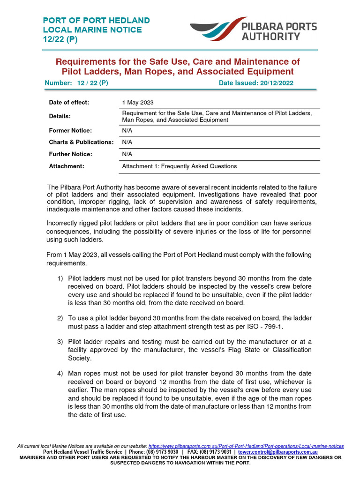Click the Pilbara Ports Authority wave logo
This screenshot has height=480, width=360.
point(218,30)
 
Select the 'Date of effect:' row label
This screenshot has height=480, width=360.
point(69,102)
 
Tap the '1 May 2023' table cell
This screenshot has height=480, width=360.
point(138,102)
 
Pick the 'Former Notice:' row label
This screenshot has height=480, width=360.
point(70,130)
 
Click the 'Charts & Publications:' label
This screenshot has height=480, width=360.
point(81,142)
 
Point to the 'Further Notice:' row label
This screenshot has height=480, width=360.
point(71,154)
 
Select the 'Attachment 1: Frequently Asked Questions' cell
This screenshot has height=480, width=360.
point(180,166)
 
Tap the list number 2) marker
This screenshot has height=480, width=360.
point(60,318)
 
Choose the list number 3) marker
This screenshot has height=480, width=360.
point(60,341)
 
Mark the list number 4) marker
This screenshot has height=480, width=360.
point(60,373)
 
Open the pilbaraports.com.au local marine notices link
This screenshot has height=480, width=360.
point(246,446)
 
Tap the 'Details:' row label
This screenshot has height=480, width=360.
point(60,116)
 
